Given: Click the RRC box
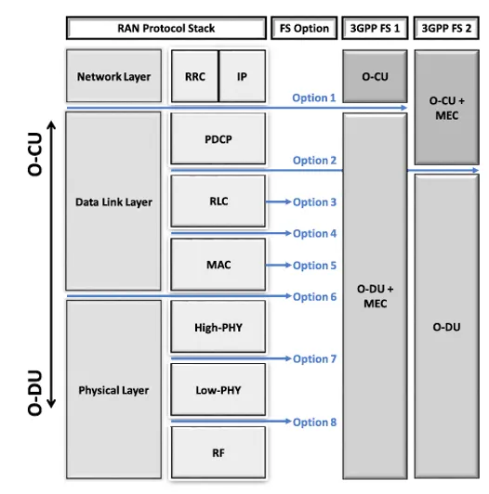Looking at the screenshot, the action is coord(195,76).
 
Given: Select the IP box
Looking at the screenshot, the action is coord(242,76).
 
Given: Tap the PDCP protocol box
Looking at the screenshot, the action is coord(218,138).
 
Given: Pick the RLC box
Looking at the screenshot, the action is coord(218,201).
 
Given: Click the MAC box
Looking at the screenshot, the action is coord(218,265).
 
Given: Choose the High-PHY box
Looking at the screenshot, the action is coord(218,327).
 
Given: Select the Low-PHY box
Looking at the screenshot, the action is coord(218,389).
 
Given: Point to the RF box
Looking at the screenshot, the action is coord(218,452).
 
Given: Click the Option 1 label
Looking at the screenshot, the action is coord(314,98).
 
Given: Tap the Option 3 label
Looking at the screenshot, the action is coord(314,202).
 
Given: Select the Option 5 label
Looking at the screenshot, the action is coord(314,266).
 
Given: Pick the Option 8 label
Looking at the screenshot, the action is coord(314,422).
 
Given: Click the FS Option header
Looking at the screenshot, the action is coord(304,28).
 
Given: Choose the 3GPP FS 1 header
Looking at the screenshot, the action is coord(375,28).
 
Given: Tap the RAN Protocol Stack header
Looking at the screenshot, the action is coord(166,28).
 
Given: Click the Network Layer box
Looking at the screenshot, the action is coord(114,76).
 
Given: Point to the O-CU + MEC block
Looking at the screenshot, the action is coord(447,107).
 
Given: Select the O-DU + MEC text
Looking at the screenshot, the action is coord(375,296).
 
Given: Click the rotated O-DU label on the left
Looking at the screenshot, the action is coord(34,393).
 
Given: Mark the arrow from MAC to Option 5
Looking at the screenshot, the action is coord(278,266).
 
